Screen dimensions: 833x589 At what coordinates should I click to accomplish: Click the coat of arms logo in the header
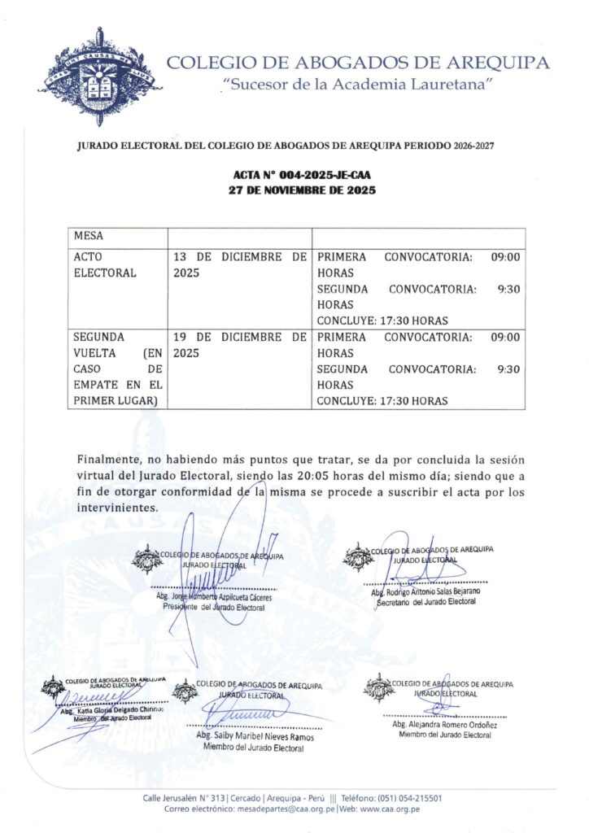(99, 75)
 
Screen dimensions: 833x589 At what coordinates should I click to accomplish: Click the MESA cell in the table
(89, 237)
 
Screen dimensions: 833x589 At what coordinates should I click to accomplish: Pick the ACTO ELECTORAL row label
(105, 265)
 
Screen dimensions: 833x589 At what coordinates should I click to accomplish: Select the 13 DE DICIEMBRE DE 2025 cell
(239, 265)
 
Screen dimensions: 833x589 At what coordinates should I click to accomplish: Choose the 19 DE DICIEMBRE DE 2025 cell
(239, 345)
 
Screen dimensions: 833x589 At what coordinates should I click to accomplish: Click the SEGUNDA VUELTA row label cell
(117, 369)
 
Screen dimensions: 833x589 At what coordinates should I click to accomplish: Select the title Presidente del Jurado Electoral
(214, 608)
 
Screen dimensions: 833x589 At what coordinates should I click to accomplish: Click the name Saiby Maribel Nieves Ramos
(255, 736)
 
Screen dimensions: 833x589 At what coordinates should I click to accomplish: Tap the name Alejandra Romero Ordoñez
(444, 724)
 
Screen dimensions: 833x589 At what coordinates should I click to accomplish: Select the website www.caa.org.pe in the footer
(390, 810)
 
